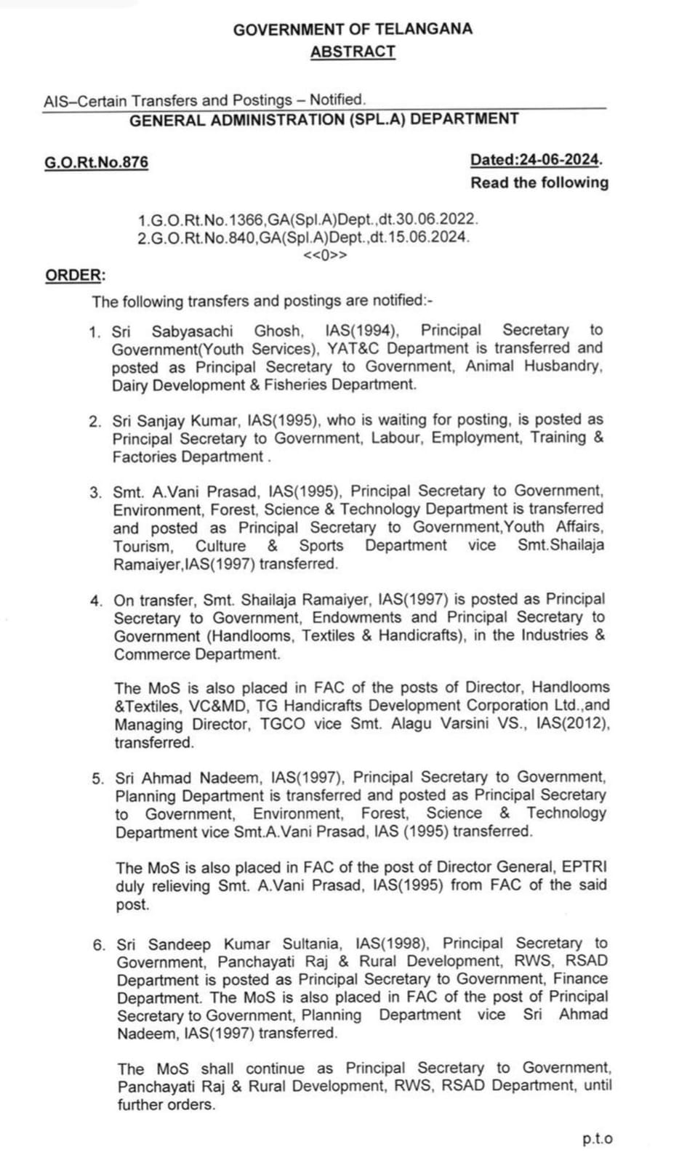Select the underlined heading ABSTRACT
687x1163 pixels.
(353, 52)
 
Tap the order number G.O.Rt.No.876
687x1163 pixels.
(96, 162)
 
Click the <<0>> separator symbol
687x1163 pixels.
(325, 255)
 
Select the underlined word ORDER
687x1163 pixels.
(73, 275)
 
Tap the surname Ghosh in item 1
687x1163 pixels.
(276, 331)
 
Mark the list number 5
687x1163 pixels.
(98, 778)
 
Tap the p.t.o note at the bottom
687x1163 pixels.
(597, 1139)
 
